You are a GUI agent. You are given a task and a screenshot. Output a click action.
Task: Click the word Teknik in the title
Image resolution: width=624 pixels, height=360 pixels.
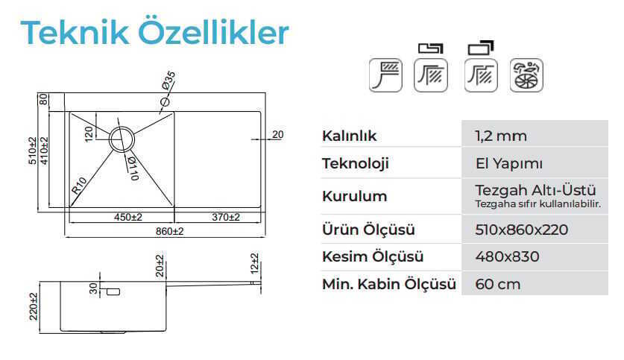[x=75, y=32]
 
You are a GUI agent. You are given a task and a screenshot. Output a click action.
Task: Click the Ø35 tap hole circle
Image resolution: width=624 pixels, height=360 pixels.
[x=165, y=102]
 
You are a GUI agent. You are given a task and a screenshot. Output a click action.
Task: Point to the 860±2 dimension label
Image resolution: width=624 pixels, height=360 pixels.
[x=169, y=231]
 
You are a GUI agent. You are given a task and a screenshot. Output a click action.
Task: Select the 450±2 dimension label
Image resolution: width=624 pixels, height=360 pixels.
[x=127, y=217]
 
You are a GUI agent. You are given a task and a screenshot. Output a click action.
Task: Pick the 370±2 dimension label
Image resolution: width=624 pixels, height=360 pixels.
[x=226, y=217]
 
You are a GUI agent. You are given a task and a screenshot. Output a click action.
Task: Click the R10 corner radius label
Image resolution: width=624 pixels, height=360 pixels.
[x=79, y=186]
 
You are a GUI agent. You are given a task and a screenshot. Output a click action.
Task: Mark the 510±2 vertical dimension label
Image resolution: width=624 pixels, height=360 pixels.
[x=33, y=151]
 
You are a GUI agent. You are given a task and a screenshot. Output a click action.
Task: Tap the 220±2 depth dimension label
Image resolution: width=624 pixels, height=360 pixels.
[x=34, y=306]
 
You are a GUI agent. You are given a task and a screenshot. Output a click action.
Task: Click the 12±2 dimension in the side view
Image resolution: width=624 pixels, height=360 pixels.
[x=255, y=263]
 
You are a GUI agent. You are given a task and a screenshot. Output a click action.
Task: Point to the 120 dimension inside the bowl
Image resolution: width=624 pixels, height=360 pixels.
[x=89, y=133]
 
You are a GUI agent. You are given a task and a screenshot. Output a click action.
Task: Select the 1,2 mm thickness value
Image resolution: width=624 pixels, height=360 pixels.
[x=501, y=136]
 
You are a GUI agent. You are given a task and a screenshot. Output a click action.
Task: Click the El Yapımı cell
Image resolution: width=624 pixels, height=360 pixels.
[x=508, y=163]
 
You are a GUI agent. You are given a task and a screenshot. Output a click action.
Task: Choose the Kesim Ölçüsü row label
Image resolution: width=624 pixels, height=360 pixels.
[x=373, y=256]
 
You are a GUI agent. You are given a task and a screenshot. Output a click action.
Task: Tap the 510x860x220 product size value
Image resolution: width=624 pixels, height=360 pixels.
[x=521, y=230]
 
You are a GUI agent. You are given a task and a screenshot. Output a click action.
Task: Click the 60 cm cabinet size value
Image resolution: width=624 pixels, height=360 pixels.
[x=497, y=285]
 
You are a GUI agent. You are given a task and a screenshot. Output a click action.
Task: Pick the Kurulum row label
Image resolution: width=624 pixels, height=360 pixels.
[x=354, y=196]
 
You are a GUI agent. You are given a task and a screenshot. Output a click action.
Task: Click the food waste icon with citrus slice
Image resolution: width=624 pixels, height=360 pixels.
[x=526, y=75]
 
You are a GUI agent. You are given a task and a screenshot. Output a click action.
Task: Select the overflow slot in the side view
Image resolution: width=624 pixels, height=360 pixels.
[x=113, y=292]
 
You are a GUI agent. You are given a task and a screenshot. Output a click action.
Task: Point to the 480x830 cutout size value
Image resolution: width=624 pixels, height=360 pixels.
[x=507, y=256]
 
